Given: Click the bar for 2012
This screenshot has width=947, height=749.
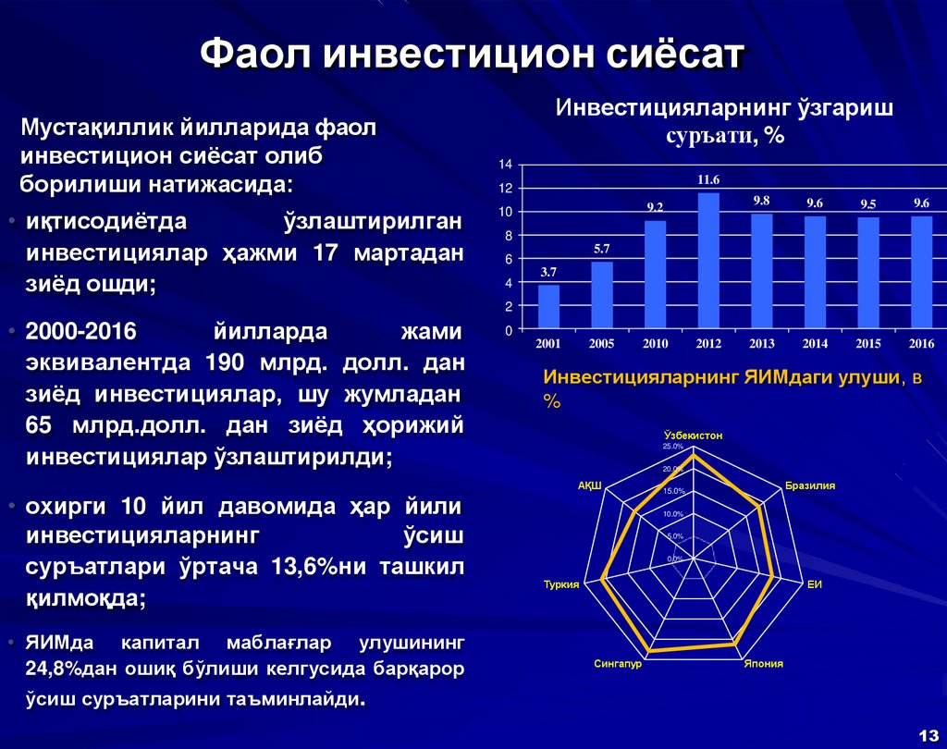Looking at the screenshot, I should pyautogui.click(x=708, y=261).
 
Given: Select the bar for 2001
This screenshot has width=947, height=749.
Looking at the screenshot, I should pyautogui.click(x=548, y=307).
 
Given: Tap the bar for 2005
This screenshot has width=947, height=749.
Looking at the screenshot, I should pyautogui.click(x=602, y=296).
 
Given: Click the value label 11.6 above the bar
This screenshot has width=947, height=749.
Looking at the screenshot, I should pyautogui.click(x=708, y=179).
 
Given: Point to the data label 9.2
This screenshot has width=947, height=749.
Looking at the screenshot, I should pyautogui.click(x=655, y=208).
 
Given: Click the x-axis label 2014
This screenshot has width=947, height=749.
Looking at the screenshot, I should pyautogui.click(x=815, y=344).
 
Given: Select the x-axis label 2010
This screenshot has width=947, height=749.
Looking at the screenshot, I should pyautogui.click(x=655, y=344).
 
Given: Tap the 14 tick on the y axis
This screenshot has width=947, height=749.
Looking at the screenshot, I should pyautogui.click(x=506, y=165).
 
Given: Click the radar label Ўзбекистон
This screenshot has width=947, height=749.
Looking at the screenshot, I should pyautogui.click(x=693, y=435).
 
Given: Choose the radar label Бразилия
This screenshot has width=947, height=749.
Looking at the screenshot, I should pyautogui.click(x=810, y=485).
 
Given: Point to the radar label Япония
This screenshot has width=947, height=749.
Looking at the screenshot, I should pyautogui.click(x=764, y=664).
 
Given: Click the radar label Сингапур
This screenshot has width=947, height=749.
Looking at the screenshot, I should pyautogui.click(x=618, y=664).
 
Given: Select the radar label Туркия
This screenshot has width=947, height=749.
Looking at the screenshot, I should pyautogui.click(x=561, y=584).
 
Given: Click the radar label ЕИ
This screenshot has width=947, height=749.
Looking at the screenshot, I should pyautogui.click(x=815, y=584).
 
